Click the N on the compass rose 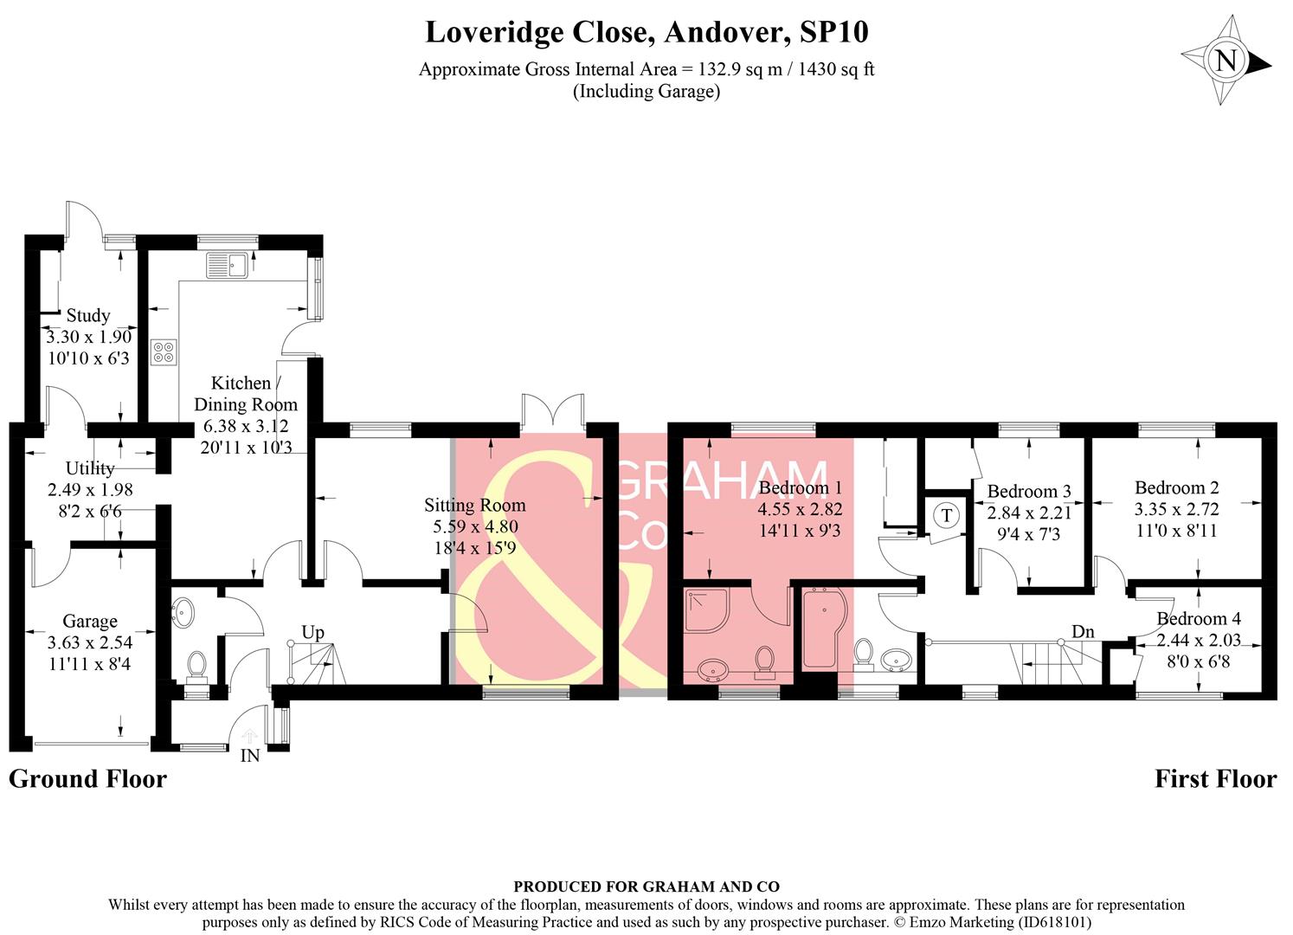[x=1227, y=60]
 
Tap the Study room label [x=88, y=315]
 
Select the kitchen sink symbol [x=227, y=265]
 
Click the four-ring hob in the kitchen [x=164, y=352]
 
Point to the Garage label [x=90, y=621]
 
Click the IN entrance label [x=250, y=756]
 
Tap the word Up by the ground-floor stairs [x=312, y=633]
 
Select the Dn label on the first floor [x=1083, y=632]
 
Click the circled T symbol [x=946, y=514]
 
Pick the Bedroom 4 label [x=1199, y=618]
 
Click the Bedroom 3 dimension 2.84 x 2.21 [x=1029, y=513]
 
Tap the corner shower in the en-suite [x=707, y=609]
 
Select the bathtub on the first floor [x=825, y=629]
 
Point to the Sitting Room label [x=475, y=506]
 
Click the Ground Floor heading [x=87, y=778]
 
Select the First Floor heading [x=1216, y=778]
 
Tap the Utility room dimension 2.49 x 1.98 [x=90, y=490]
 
